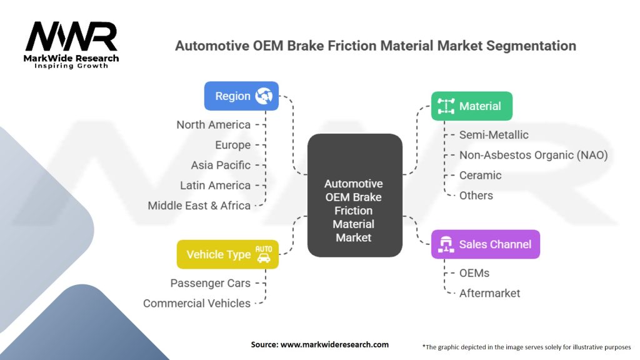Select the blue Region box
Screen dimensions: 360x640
coord(241,96)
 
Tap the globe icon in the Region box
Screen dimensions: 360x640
coord(264,96)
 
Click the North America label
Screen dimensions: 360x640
coord(213,125)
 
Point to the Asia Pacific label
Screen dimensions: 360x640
coord(221,165)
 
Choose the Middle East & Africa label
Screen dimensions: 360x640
coord(199,206)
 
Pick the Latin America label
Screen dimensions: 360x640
coord(215,186)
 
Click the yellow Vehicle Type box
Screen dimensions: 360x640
coord(227,254)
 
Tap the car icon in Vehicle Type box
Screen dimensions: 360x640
coord(264,254)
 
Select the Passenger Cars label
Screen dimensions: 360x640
coord(210,283)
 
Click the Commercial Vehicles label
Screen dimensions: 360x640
coord(196,303)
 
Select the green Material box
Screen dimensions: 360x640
coord(471,106)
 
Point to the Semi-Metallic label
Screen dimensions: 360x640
coord(494,134)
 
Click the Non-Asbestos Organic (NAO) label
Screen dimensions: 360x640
coord(533,155)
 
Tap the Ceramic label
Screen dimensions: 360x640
coord(480,175)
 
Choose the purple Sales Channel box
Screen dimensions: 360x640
coord(485,244)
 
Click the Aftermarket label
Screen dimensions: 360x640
coord(489,293)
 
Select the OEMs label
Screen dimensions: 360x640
coord(474,273)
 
